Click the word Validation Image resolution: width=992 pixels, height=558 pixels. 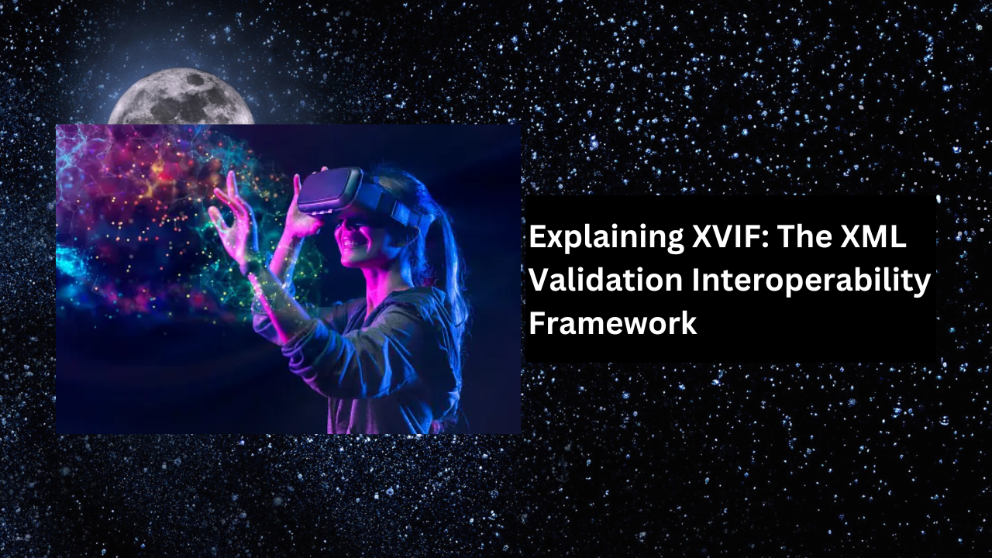(605, 280)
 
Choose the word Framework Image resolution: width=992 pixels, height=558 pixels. (613, 323)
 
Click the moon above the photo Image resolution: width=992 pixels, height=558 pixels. (181, 98)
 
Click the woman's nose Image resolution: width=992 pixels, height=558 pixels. (339, 228)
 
